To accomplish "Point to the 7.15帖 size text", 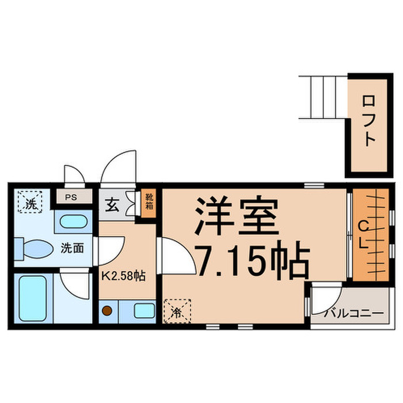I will point(254,263).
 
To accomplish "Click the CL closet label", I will point(364,234).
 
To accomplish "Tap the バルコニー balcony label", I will point(353,314).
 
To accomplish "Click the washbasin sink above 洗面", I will point(73,222).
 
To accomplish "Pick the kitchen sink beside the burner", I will point(143,311).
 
